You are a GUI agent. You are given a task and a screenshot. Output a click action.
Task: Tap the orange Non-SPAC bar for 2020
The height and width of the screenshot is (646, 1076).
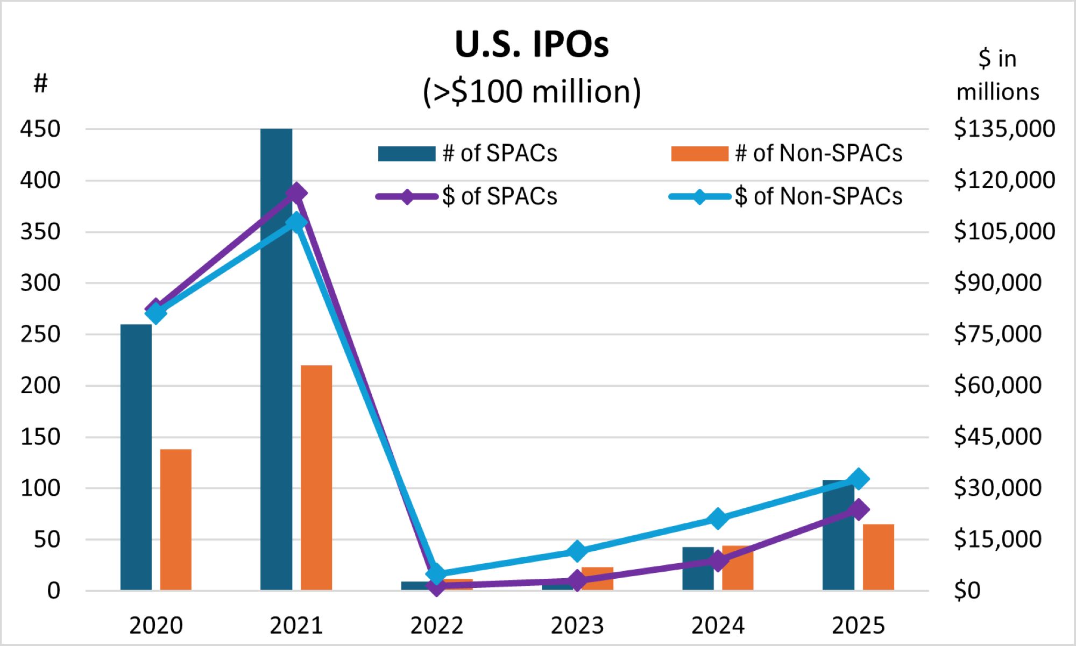pyautogui.click(x=175, y=519)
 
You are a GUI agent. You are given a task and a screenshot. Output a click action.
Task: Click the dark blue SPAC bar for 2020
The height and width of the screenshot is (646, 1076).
pyautogui.click(x=136, y=457)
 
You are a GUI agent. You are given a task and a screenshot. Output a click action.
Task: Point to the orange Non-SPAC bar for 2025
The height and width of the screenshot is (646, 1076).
pyautogui.click(x=878, y=557)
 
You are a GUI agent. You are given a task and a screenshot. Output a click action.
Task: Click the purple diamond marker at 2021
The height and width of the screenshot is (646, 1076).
pyautogui.click(x=296, y=193)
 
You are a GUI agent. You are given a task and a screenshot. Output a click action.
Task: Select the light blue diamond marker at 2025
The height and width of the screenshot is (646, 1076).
pyautogui.click(x=859, y=479)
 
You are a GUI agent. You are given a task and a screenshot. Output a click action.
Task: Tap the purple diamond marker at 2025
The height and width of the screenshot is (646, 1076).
pyautogui.click(x=859, y=509)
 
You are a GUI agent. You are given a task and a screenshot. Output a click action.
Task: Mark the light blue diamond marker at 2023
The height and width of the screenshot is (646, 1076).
pyautogui.click(x=577, y=551)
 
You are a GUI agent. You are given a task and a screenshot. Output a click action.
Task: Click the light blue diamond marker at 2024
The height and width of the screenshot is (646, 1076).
pyautogui.click(x=718, y=519)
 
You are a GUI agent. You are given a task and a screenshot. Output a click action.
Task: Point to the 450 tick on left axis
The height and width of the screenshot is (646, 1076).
pyautogui.click(x=40, y=129)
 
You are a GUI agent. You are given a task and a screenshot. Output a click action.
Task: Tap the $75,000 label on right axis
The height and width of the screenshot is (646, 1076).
pyautogui.click(x=997, y=334)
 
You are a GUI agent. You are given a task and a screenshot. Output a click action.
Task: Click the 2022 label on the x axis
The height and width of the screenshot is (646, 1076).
pyautogui.click(x=436, y=626)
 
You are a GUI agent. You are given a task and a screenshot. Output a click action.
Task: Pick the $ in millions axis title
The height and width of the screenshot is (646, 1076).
pyautogui.click(x=997, y=75)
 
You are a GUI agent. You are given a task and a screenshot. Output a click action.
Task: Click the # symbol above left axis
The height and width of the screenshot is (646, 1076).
pyautogui.click(x=40, y=83)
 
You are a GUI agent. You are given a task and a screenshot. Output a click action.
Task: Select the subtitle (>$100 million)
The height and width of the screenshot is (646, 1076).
pyautogui.click(x=532, y=91)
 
